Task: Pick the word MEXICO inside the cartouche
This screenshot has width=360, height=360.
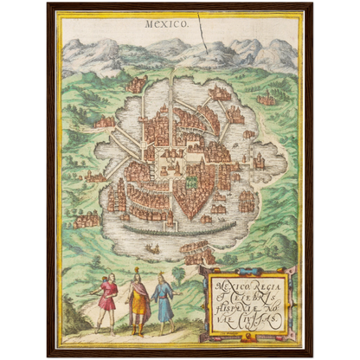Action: pos(226,279)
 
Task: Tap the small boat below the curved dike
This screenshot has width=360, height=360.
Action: pos(152,248)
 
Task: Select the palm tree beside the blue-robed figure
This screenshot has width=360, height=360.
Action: pos(179,275)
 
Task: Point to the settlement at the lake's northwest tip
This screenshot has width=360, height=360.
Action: pos(136,85)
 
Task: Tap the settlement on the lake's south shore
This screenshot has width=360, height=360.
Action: pos(196,252)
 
